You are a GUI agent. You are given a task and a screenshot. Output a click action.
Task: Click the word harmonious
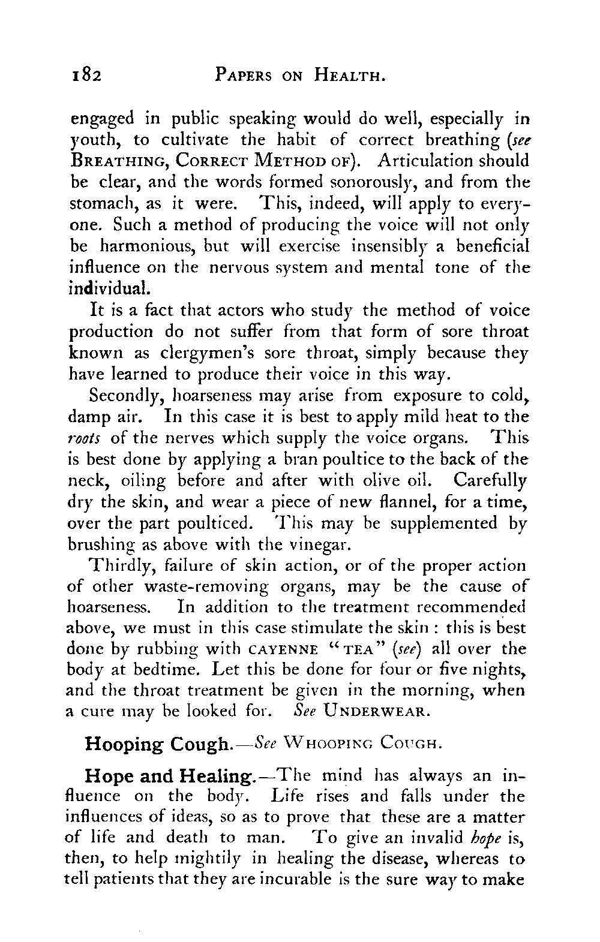[153, 246]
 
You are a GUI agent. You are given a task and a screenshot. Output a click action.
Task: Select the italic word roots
[87, 438]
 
